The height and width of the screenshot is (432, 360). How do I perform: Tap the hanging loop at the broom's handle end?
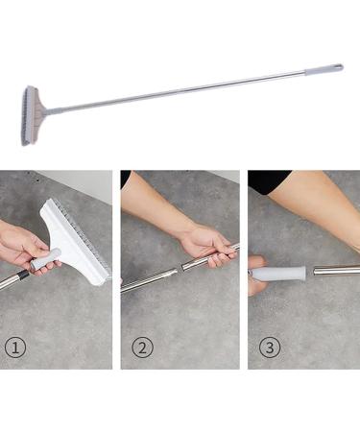(x=338, y=66)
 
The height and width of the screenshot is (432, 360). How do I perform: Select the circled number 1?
(x=13, y=348)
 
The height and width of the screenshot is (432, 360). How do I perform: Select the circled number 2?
(x=141, y=348)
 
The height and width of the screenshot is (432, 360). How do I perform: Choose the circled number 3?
(x=269, y=348)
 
